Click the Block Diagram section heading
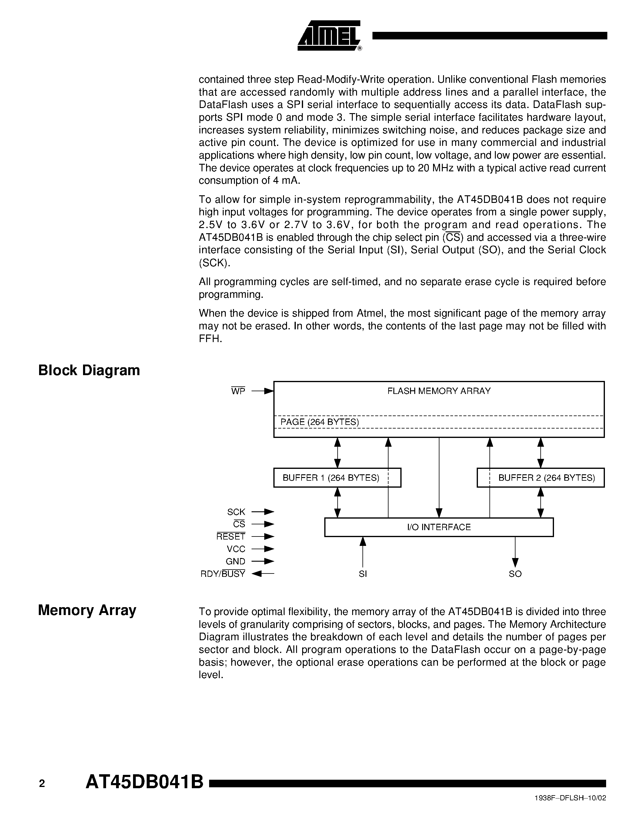coord(89,370)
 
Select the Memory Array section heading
coord(87,610)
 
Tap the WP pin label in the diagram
coord(238,391)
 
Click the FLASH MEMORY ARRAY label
coord(439,391)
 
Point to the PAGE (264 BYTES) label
coord(320,422)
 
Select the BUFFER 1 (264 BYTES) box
coord(337,478)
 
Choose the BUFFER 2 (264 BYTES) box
coord(541,478)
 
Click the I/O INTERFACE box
coord(439,527)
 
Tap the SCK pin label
coord(236,512)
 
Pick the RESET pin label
coord(231,536)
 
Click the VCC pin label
coord(236,549)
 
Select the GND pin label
coord(235,561)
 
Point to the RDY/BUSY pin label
coord(223,574)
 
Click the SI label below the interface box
coord(363,574)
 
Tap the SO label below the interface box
coord(515,574)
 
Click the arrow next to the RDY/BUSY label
coord(263,573)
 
